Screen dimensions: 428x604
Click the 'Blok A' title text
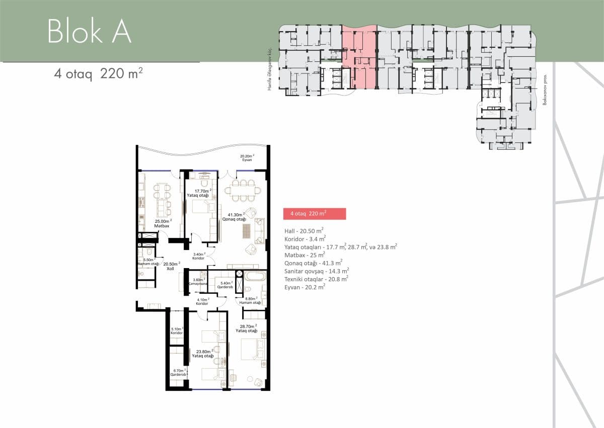pyautogui.click(x=90, y=31)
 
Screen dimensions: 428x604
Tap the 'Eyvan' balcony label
pyautogui.click(x=247, y=159)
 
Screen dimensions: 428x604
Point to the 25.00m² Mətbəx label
pyautogui.click(x=164, y=223)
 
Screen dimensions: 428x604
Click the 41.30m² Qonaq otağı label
pyautogui.click(x=234, y=216)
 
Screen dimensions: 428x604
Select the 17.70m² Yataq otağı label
pyautogui.click(x=202, y=193)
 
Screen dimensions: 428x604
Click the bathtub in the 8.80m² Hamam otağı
pyautogui.click(x=254, y=276)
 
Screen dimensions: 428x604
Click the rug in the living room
pyautogui.click(x=246, y=231)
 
